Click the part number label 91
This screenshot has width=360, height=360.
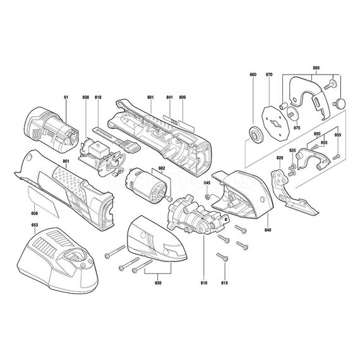[65, 97]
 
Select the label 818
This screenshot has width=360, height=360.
[98, 97]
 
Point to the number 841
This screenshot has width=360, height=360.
[170, 97]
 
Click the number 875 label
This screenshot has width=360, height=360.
[297, 128]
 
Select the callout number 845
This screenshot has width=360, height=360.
[207, 183]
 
